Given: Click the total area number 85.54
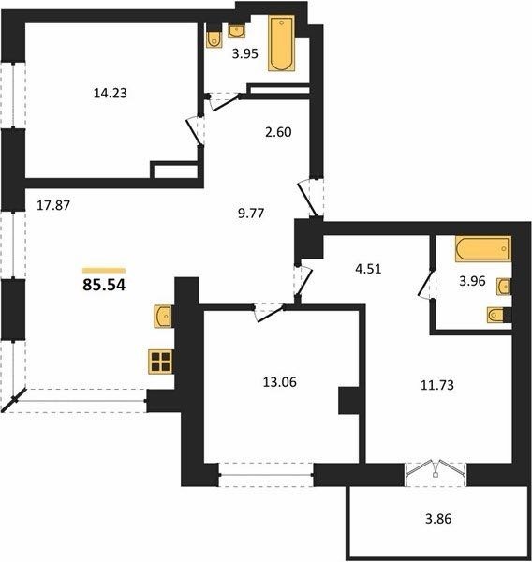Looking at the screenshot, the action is point(104,285).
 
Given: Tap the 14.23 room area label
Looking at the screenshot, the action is point(111,93).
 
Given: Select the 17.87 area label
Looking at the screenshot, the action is point(53,205).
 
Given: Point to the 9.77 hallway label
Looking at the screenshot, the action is point(251,214).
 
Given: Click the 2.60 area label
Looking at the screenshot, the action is point(278,132).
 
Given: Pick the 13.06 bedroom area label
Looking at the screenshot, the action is point(280,382).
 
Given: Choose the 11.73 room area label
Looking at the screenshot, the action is point(437,385).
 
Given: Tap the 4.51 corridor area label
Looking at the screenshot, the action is point(368,269).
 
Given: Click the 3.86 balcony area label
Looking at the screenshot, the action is point(438,518).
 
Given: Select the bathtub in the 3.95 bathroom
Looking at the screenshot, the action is point(282,43).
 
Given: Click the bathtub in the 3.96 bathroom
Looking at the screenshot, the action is point(483,248).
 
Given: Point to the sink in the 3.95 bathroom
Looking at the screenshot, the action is point(236,31).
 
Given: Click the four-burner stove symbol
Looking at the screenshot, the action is point(160,362).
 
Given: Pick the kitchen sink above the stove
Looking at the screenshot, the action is point(162,316).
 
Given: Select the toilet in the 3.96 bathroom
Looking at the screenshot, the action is point(495,315).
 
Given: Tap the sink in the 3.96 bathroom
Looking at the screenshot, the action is point(503,287).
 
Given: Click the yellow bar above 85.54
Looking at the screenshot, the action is point(104,271).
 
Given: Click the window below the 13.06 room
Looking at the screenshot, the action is point(266,475).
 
